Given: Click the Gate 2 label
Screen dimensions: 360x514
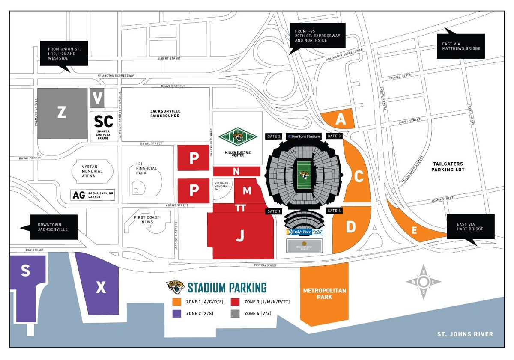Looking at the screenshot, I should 274,136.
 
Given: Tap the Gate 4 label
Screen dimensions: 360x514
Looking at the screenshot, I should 334,211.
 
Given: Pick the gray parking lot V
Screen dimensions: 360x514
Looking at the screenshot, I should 98,98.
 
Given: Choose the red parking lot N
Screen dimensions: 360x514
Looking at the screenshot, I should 236,171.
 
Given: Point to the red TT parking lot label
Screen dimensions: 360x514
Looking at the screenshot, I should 240,208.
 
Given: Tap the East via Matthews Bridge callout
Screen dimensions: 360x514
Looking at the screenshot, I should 461,46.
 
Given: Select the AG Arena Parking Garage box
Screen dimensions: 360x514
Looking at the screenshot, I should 93,196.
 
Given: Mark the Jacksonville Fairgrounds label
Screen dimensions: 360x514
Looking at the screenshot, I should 165,113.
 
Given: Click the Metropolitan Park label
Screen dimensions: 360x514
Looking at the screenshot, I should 325,293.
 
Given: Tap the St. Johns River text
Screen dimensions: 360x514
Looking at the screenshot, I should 465,334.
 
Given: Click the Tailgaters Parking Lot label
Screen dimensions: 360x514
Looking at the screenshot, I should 448,167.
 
